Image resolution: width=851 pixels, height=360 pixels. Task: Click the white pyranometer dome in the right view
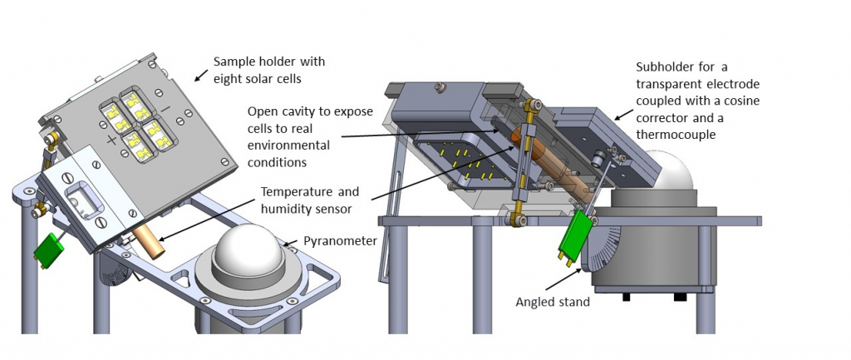[674, 174]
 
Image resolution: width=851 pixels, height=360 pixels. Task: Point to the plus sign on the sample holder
[112, 140]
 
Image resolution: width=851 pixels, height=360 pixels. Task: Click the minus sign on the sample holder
[165, 109]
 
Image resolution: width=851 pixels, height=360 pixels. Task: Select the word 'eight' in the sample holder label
[229, 79]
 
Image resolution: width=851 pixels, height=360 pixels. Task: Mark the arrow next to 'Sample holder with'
[200, 76]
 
